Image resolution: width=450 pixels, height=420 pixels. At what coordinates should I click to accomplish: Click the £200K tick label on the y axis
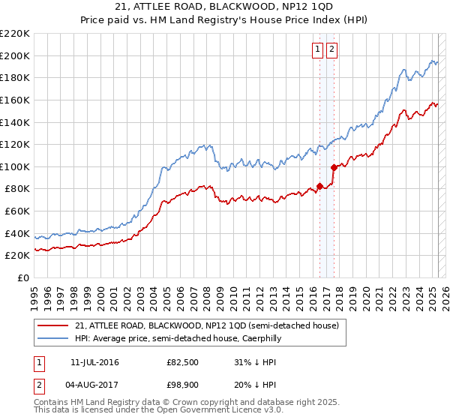click(x=15, y=55)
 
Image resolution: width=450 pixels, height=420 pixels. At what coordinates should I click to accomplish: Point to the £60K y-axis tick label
click(x=17, y=211)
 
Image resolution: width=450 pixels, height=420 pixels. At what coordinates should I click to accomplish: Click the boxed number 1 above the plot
click(x=317, y=49)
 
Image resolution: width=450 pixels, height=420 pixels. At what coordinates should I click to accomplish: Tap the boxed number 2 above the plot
click(x=331, y=49)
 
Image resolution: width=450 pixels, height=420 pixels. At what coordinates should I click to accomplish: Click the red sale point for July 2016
click(x=319, y=186)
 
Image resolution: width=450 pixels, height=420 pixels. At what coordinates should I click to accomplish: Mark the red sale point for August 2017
click(x=334, y=168)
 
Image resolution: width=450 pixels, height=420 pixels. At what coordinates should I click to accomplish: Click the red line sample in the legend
click(x=54, y=325)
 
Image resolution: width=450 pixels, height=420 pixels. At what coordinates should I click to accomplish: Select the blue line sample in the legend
click(x=54, y=338)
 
